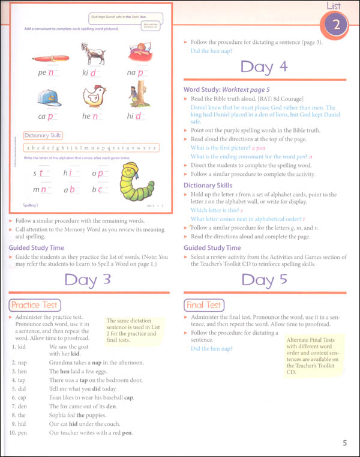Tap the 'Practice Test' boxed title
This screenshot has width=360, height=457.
tap(34, 305)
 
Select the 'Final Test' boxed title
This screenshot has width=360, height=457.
tap(205, 305)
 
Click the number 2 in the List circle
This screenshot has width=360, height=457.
tap(337, 26)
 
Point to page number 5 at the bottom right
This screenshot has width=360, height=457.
tap(344, 444)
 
